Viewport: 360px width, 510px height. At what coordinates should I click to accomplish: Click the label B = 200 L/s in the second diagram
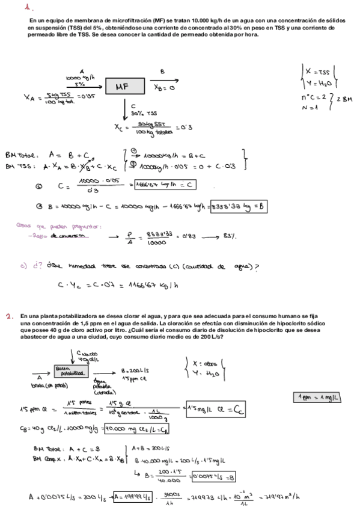[x=134, y=371]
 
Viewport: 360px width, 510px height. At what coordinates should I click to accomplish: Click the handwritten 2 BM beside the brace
[x=343, y=99]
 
